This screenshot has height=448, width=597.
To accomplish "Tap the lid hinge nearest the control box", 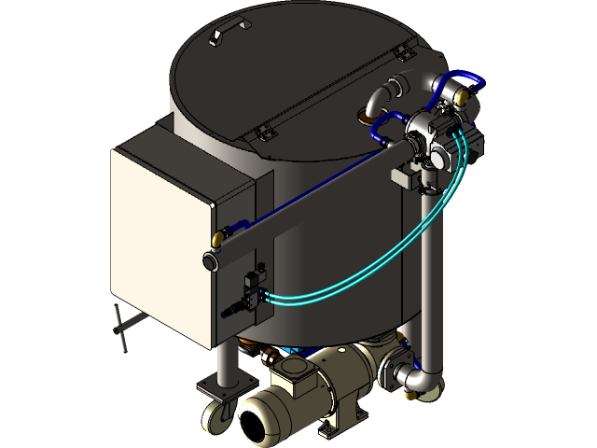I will click(262, 132).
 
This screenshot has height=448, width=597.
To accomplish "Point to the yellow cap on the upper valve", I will click(360, 117).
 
